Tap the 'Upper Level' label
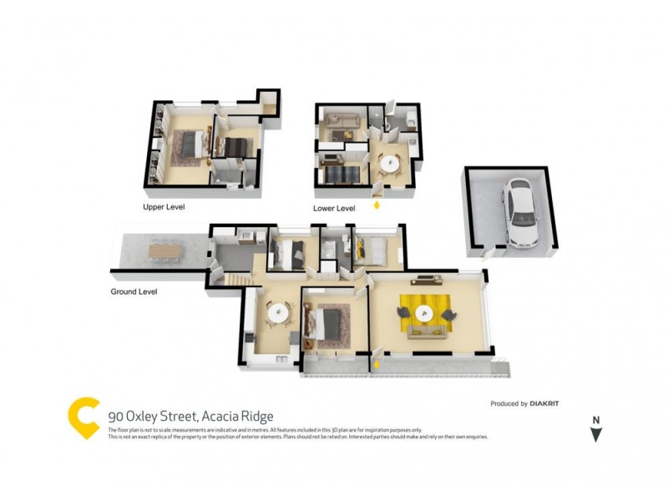tap(164, 206)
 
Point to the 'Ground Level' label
tap(134, 292)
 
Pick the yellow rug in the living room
tap(426, 315)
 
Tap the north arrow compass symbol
tap(595, 434)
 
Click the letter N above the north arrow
tap(595, 420)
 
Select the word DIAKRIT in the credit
tap(545, 404)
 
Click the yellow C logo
tap(83, 417)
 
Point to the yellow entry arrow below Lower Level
tap(377, 204)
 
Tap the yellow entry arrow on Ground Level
tap(377, 364)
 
